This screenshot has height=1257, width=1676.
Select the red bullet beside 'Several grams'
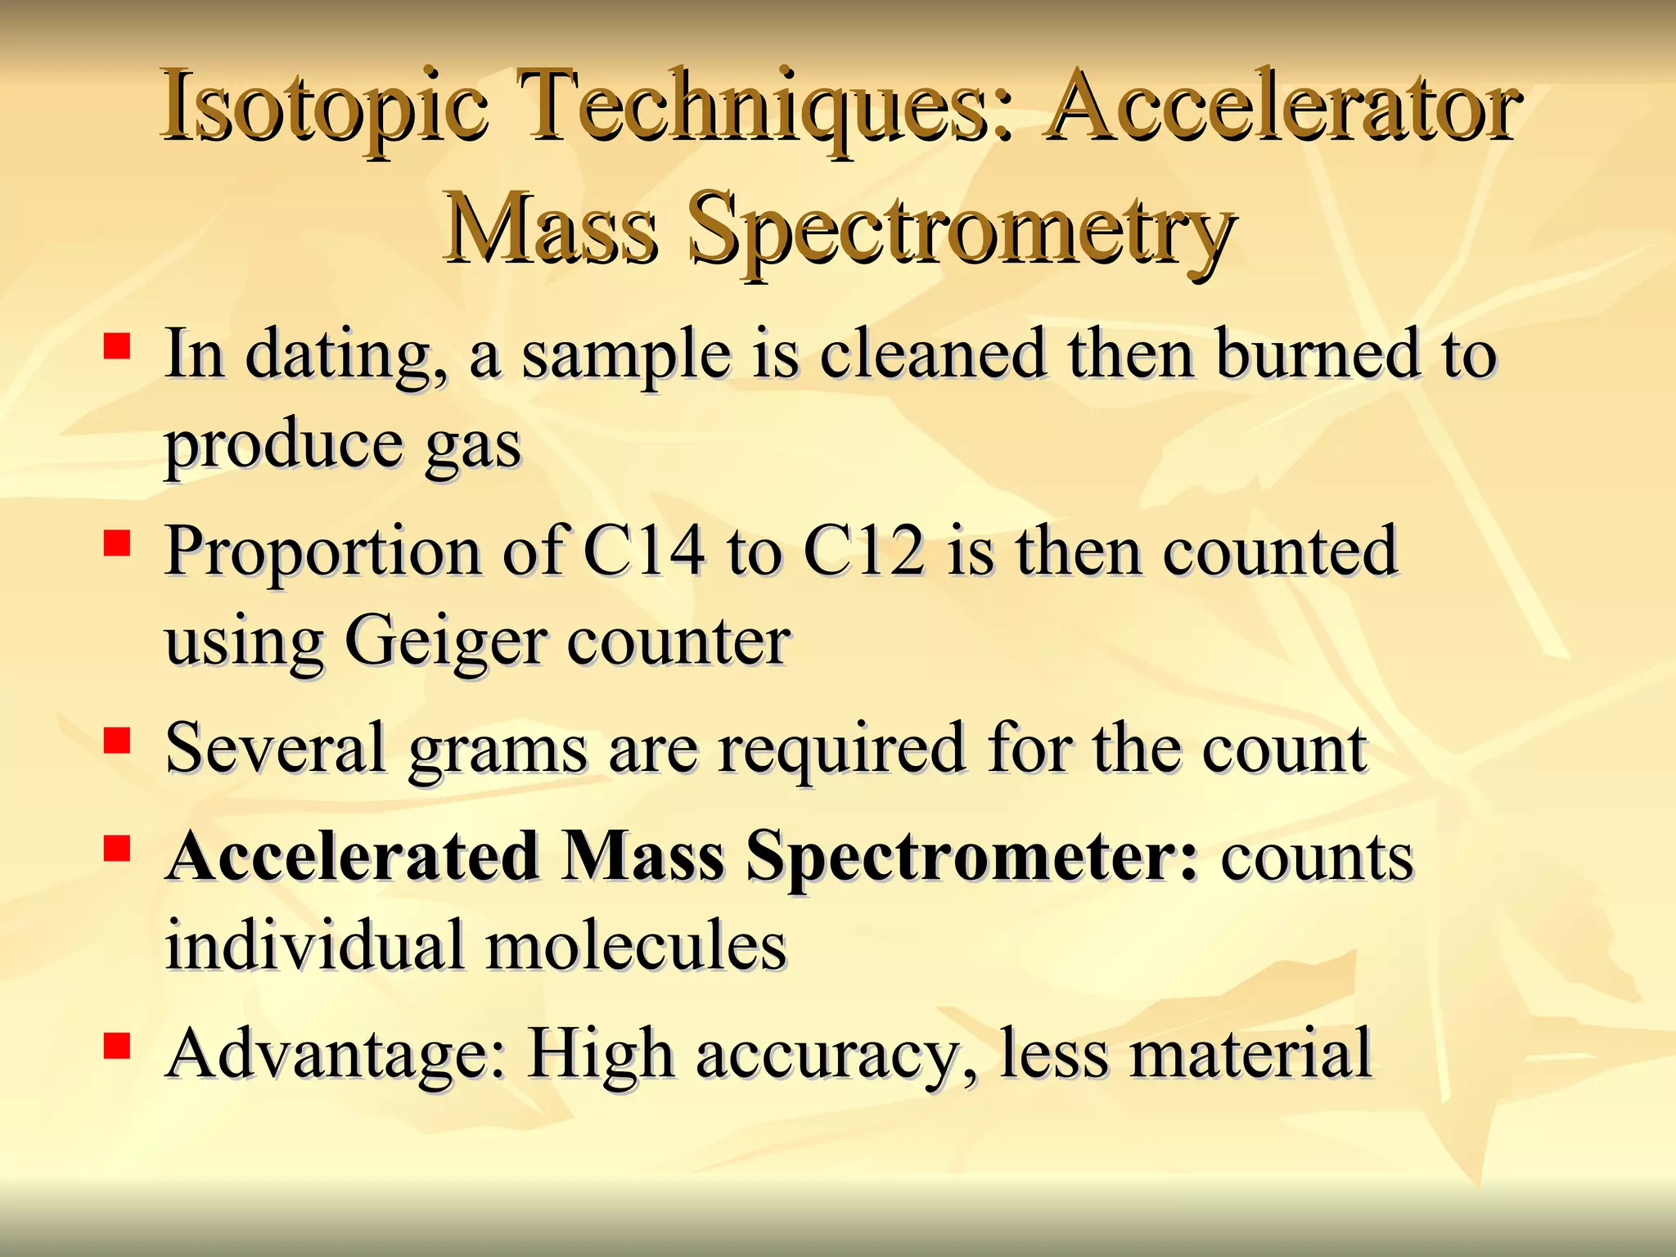[x=117, y=740]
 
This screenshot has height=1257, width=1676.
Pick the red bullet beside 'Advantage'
[x=117, y=1045]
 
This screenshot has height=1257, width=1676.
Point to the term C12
[x=864, y=551]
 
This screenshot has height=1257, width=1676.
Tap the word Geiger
[x=445, y=643]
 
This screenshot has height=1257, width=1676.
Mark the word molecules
[x=636, y=945]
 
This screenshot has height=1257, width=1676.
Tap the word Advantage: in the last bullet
[x=336, y=1054]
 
